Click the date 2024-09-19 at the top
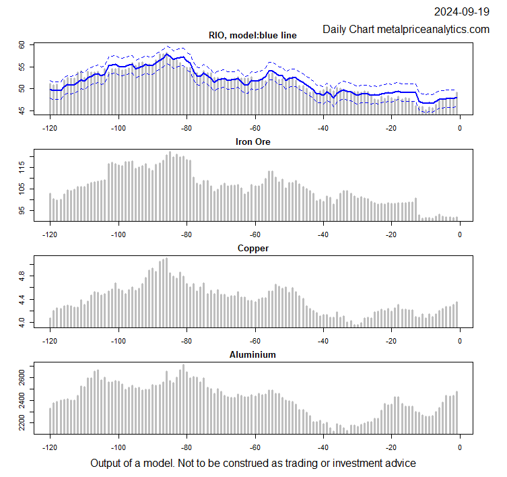pos(461,11)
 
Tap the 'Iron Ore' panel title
pos(253,141)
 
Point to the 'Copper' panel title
pos(253,248)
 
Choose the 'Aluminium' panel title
pos(253,354)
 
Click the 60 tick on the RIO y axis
pos(22,44)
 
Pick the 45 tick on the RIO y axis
pos(22,110)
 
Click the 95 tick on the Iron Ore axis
pos(22,210)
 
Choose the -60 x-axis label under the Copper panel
pos(255,340)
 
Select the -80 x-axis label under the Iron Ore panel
pos(187,234)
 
